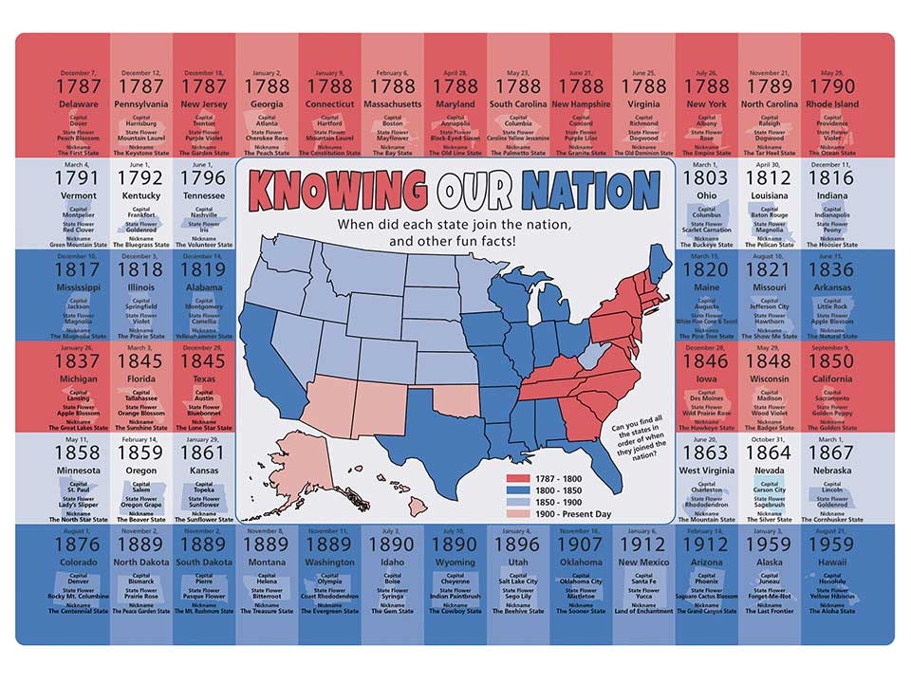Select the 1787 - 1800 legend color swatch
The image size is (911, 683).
[528, 479]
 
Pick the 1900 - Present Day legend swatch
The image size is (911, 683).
[528, 513]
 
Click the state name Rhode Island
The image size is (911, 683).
[832, 104]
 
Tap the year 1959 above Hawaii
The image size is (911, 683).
[832, 545]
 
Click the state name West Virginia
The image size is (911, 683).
[706, 471]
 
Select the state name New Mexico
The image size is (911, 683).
[643, 562]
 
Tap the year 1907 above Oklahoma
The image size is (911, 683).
[581, 545]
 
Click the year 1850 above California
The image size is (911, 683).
[832, 362]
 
